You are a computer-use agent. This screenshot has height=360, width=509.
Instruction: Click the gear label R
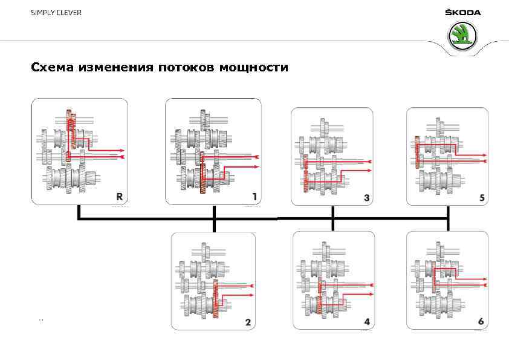pyautogui.click(x=120, y=195)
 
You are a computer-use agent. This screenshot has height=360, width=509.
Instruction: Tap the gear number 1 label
pyautogui.click(x=255, y=195)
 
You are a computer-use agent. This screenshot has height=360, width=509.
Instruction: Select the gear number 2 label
pyautogui.click(x=248, y=322)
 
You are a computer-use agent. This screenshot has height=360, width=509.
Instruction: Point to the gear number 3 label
pyautogui.click(x=367, y=197)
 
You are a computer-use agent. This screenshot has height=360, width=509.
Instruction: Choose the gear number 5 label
pyautogui.click(x=482, y=197)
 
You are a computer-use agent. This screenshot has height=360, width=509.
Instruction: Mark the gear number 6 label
pyautogui.click(x=481, y=321)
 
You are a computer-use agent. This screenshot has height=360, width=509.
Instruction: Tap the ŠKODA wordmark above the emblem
pyautogui.click(x=462, y=13)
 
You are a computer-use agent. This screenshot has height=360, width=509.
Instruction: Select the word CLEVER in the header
pyautogui.click(x=70, y=13)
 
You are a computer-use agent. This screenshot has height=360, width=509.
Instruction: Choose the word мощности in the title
pyautogui.click(x=254, y=68)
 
